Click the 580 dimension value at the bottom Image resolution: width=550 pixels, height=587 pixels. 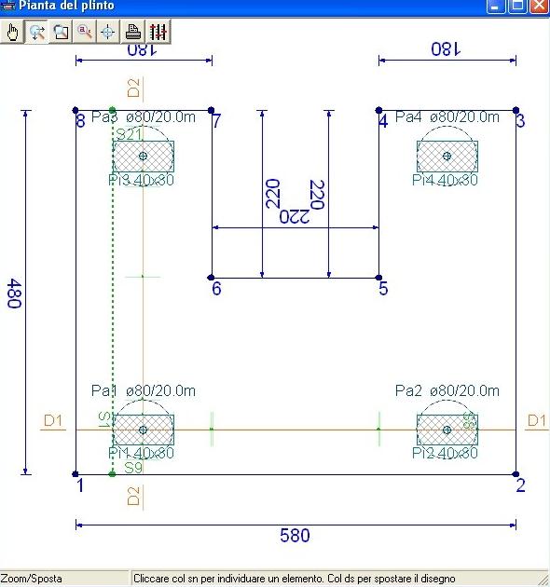296,536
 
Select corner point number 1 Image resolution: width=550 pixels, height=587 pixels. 76,474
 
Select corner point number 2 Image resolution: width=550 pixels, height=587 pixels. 516,474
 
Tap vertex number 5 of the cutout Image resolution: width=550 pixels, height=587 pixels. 378,278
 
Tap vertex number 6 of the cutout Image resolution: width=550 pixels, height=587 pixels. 212,278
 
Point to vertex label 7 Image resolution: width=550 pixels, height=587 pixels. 216,121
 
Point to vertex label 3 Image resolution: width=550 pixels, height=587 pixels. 520,121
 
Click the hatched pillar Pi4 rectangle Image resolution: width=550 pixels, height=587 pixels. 447,156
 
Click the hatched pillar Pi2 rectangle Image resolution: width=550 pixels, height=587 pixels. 447,430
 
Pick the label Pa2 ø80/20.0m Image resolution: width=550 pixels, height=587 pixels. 447,390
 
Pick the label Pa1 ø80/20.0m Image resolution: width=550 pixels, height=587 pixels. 143,390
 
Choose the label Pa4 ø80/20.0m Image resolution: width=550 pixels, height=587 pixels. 447,116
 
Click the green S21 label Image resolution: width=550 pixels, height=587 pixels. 128,134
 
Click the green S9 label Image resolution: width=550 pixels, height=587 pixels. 133,467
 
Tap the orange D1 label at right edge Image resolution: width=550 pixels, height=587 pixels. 537,421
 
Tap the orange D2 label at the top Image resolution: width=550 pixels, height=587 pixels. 133,89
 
